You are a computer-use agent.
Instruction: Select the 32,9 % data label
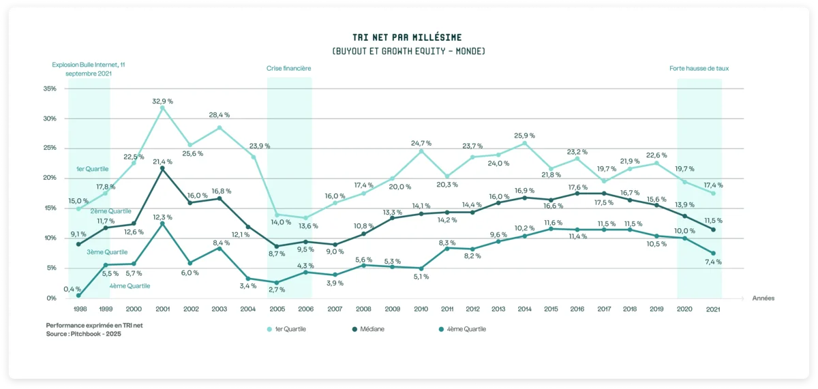click(x=162, y=101)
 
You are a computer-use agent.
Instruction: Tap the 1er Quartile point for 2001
click(x=162, y=108)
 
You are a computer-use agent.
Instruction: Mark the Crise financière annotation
click(x=288, y=69)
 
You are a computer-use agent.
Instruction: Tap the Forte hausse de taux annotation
click(x=699, y=69)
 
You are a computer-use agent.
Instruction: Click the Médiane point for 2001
click(x=162, y=168)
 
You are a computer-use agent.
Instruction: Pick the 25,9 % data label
click(x=525, y=136)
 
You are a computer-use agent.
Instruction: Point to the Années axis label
click(x=763, y=298)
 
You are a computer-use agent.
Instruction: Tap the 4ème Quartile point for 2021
click(x=713, y=253)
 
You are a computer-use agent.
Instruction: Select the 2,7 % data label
click(x=276, y=290)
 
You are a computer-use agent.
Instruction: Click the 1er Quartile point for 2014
click(x=525, y=143)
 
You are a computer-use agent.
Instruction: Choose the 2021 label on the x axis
click(x=713, y=309)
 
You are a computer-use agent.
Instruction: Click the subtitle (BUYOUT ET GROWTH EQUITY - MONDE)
click(x=408, y=52)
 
